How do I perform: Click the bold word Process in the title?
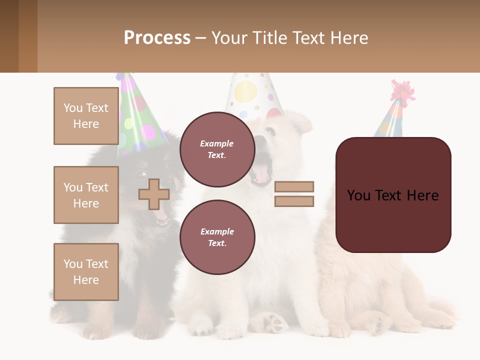[157, 38]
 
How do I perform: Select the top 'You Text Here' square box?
[86, 116]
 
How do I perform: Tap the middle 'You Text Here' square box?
[86, 195]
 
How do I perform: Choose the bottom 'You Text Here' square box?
[86, 272]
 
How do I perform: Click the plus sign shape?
[154, 194]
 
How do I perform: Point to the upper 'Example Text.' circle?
[217, 149]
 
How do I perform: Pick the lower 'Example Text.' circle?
[217, 237]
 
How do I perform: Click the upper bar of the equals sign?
[294, 186]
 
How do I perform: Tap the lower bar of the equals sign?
[294, 201]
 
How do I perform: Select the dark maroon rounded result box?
[393, 195]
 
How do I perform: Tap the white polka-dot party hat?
[254, 95]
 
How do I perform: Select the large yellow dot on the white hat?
[245, 91]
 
